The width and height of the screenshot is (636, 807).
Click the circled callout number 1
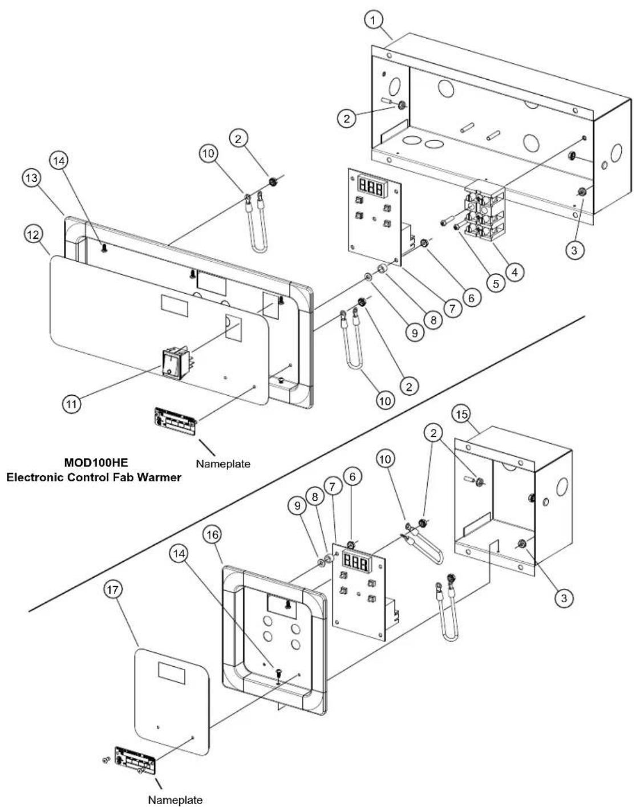click(x=373, y=21)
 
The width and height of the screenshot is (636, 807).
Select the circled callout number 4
click(x=515, y=272)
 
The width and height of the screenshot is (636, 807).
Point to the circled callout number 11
click(x=72, y=404)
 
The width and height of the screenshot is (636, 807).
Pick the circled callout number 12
click(x=33, y=235)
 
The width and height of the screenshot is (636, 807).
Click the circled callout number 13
click(x=32, y=178)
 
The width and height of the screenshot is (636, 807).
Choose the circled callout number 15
click(x=461, y=415)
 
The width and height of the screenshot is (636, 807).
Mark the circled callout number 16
click(x=213, y=535)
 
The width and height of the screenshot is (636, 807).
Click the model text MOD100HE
click(x=96, y=462)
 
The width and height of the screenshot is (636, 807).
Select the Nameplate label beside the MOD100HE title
click(x=223, y=464)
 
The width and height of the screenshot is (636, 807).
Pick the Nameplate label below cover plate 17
click(x=175, y=800)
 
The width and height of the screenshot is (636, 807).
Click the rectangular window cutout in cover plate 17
click(x=171, y=673)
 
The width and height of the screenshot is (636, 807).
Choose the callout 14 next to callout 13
click(x=59, y=161)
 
